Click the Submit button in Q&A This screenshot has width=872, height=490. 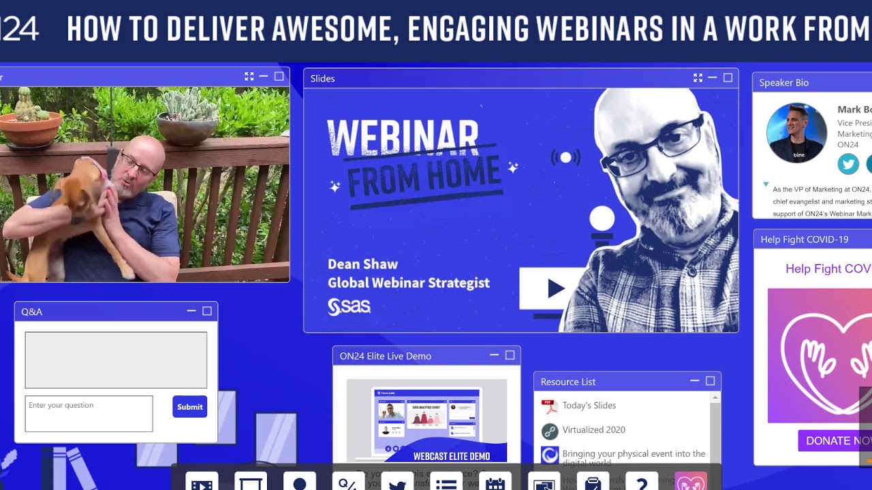click(x=189, y=407)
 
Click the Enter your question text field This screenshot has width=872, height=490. click(x=89, y=413)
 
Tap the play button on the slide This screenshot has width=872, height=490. click(x=555, y=289)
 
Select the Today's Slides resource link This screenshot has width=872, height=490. click(x=589, y=406)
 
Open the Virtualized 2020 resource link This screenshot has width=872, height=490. click(x=593, y=430)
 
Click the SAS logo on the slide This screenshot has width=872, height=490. click(x=349, y=307)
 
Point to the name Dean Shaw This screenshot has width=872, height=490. click(x=362, y=264)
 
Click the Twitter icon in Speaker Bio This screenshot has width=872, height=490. click(x=848, y=164)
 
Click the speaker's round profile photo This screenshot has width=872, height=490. click(x=796, y=133)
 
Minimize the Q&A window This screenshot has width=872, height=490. click(x=191, y=311)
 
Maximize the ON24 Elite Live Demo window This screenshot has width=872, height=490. click(x=510, y=355)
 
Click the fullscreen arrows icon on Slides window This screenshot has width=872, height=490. click(x=698, y=78)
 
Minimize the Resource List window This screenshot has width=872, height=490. click(x=694, y=381)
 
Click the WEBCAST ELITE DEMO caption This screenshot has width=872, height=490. click(x=451, y=456)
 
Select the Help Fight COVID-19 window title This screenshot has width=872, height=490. click(x=804, y=240)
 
